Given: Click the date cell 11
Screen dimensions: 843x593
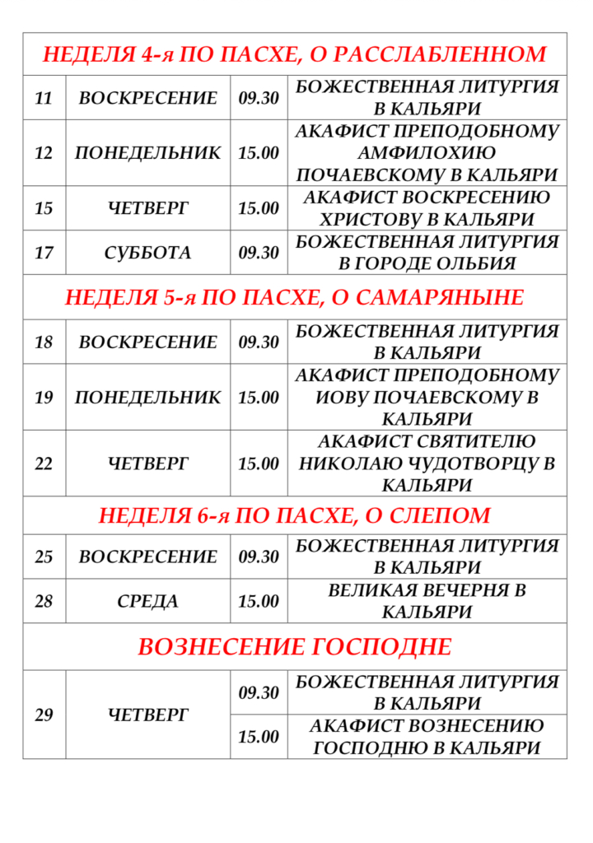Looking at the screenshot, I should [44, 98].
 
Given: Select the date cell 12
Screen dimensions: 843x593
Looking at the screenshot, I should [44, 153].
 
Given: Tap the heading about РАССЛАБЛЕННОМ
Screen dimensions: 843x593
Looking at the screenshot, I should [294, 54].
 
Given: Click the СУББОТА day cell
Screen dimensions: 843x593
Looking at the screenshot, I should [147, 253].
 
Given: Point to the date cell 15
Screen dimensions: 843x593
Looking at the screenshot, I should [44, 208].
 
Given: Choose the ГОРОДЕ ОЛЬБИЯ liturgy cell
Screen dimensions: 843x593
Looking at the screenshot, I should [427, 253].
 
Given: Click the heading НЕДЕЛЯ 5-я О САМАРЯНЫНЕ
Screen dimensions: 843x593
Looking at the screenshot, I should [294, 297].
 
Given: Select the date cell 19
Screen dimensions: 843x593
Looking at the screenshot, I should [44, 398].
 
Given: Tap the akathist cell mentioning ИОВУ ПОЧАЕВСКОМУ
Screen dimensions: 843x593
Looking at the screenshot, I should [427, 398].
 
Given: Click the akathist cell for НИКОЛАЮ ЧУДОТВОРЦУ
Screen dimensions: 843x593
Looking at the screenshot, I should [427, 463].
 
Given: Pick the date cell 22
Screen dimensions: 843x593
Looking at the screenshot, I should [44, 463].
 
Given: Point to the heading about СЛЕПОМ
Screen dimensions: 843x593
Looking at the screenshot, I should [294, 516].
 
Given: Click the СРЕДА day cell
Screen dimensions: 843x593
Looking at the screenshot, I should [147, 602].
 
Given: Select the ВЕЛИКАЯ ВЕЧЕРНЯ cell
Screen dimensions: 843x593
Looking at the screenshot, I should [427, 602].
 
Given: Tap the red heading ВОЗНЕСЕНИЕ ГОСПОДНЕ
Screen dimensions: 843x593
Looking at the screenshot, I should [294, 647].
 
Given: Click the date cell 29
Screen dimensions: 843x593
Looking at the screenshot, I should [44, 715].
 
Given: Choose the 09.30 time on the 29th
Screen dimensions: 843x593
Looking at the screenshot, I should [259, 693].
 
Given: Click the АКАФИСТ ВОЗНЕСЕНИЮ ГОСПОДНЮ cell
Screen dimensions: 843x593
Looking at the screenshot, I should [427, 737].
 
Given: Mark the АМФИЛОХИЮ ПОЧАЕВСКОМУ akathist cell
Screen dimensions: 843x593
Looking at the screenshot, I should [427, 153].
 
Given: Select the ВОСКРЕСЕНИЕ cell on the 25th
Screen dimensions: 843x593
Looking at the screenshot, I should [147, 557].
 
